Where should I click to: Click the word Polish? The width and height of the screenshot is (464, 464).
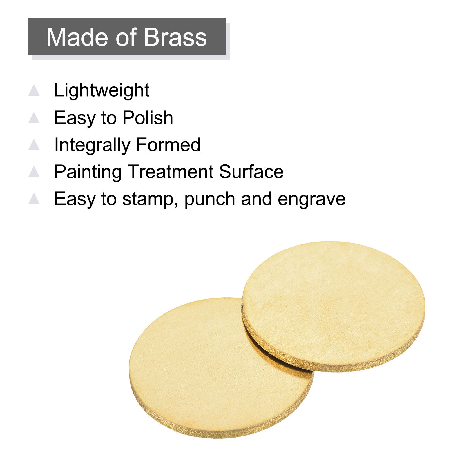(x=148, y=118)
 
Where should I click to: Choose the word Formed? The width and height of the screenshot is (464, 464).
(x=168, y=145)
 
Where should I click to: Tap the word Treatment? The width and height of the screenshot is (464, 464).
(x=171, y=172)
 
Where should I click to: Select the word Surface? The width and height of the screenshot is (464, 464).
(x=251, y=172)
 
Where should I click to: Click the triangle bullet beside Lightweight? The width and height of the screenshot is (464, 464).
(x=34, y=90)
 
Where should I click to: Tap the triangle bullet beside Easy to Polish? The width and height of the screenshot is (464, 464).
(x=34, y=118)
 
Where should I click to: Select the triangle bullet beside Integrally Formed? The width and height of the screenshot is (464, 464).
(x=34, y=145)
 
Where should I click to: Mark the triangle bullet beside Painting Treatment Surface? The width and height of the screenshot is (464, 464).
(x=34, y=172)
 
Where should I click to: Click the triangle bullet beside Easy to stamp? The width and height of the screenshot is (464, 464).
(x=34, y=199)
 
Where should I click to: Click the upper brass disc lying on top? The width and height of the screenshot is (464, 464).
(x=333, y=306)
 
